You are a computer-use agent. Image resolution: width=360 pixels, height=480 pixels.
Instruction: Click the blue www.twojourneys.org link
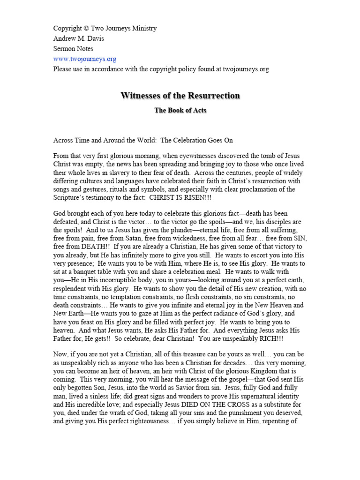[84, 59]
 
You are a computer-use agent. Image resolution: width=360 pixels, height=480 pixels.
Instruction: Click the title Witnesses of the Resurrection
[180, 96]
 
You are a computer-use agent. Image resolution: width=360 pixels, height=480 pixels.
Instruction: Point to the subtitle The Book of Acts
[180, 111]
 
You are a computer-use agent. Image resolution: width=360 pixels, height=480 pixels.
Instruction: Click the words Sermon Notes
[73, 49]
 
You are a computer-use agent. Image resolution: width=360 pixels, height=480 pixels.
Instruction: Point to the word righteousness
[141, 412]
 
